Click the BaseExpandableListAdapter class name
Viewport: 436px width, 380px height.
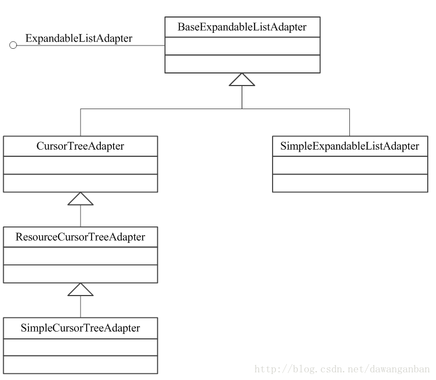coord(242,27)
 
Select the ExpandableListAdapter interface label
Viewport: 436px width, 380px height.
coord(78,38)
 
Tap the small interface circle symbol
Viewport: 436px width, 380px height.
coord(13,45)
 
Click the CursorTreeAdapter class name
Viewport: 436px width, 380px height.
coord(80,146)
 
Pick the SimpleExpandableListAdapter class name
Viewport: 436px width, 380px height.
coord(349,146)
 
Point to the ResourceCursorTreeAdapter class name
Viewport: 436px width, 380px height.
coord(80,237)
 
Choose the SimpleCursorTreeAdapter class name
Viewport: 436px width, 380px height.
coord(80,328)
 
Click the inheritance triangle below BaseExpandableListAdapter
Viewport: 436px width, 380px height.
coord(242,80)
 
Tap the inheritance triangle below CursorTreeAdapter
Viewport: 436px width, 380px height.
coord(81,198)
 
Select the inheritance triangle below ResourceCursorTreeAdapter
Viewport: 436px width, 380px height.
coord(81,290)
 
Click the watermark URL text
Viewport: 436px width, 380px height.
coord(342,369)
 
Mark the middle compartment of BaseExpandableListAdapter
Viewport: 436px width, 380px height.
coord(242,46)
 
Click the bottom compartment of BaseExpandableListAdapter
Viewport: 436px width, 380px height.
coord(242,64)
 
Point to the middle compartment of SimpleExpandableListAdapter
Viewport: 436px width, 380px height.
coord(350,166)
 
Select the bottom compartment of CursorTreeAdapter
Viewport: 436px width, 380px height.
coord(81,183)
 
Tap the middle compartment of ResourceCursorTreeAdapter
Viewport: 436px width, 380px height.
coord(81,256)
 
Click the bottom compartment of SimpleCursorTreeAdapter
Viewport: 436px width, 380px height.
coord(81,365)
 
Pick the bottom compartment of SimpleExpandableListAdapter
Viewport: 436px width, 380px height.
coord(350,183)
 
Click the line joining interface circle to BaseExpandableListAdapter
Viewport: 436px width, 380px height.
coord(91,46)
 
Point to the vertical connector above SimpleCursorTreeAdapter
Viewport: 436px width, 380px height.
coord(81,307)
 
